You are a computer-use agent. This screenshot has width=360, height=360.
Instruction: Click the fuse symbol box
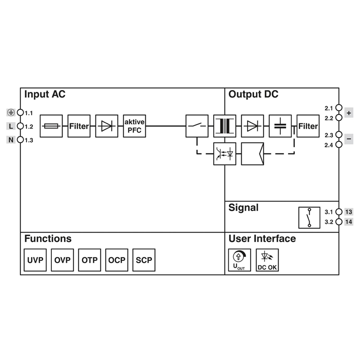pos(51,126)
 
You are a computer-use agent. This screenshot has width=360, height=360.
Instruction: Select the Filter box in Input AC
pos(79,126)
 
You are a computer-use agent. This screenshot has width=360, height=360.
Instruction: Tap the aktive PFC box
pos(135,126)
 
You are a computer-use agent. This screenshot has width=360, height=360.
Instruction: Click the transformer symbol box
pos(225,126)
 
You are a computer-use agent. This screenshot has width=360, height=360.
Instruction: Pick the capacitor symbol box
pos(280,126)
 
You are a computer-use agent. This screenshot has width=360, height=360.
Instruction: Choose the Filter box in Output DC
pos(308,126)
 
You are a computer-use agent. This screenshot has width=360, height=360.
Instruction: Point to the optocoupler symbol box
pos(225,154)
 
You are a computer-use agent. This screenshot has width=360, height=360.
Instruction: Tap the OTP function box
pos(90,260)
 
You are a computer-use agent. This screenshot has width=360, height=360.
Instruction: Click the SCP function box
pos(144,260)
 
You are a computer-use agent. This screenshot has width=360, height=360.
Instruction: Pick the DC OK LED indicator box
pos(267,260)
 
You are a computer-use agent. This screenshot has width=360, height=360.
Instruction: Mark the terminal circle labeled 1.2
pos(20,126)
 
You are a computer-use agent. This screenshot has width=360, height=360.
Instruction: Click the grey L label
pos(11,126)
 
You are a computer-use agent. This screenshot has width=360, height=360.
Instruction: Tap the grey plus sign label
pos(349,112)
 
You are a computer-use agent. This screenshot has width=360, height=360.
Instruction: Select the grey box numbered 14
pos(349,222)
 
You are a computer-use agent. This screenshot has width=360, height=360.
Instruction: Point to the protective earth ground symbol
pos(11,112)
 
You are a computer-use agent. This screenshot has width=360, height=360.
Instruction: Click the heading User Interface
pos(262,239)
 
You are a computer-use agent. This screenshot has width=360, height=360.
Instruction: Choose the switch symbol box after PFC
pos(197,126)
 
